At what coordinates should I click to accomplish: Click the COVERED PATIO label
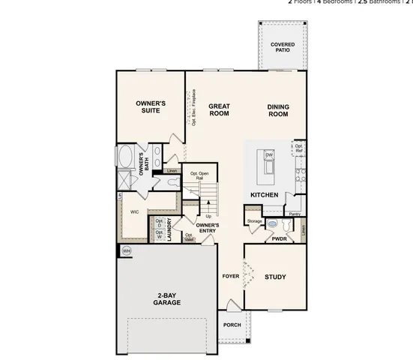(x=283, y=48)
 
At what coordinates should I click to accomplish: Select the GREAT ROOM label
(x=219, y=109)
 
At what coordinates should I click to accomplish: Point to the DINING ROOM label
(x=278, y=109)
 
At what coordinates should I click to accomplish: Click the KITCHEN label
(x=265, y=195)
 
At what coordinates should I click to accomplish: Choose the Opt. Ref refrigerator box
(x=298, y=148)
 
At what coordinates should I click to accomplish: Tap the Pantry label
(x=295, y=214)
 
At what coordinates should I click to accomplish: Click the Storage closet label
(x=254, y=221)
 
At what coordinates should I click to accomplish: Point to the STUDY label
(x=275, y=277)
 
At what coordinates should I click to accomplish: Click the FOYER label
(x=231, y=277)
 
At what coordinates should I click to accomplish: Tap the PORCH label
(x=232, y=325)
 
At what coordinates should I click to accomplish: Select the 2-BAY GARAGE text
(x=167, y=298)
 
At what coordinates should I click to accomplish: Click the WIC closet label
(x=135, y=212)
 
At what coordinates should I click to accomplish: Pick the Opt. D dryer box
(x=160, y=223)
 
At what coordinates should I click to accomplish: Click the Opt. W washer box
(x=160, y=235)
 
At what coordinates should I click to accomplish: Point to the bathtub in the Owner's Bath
(x=125, y=159)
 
